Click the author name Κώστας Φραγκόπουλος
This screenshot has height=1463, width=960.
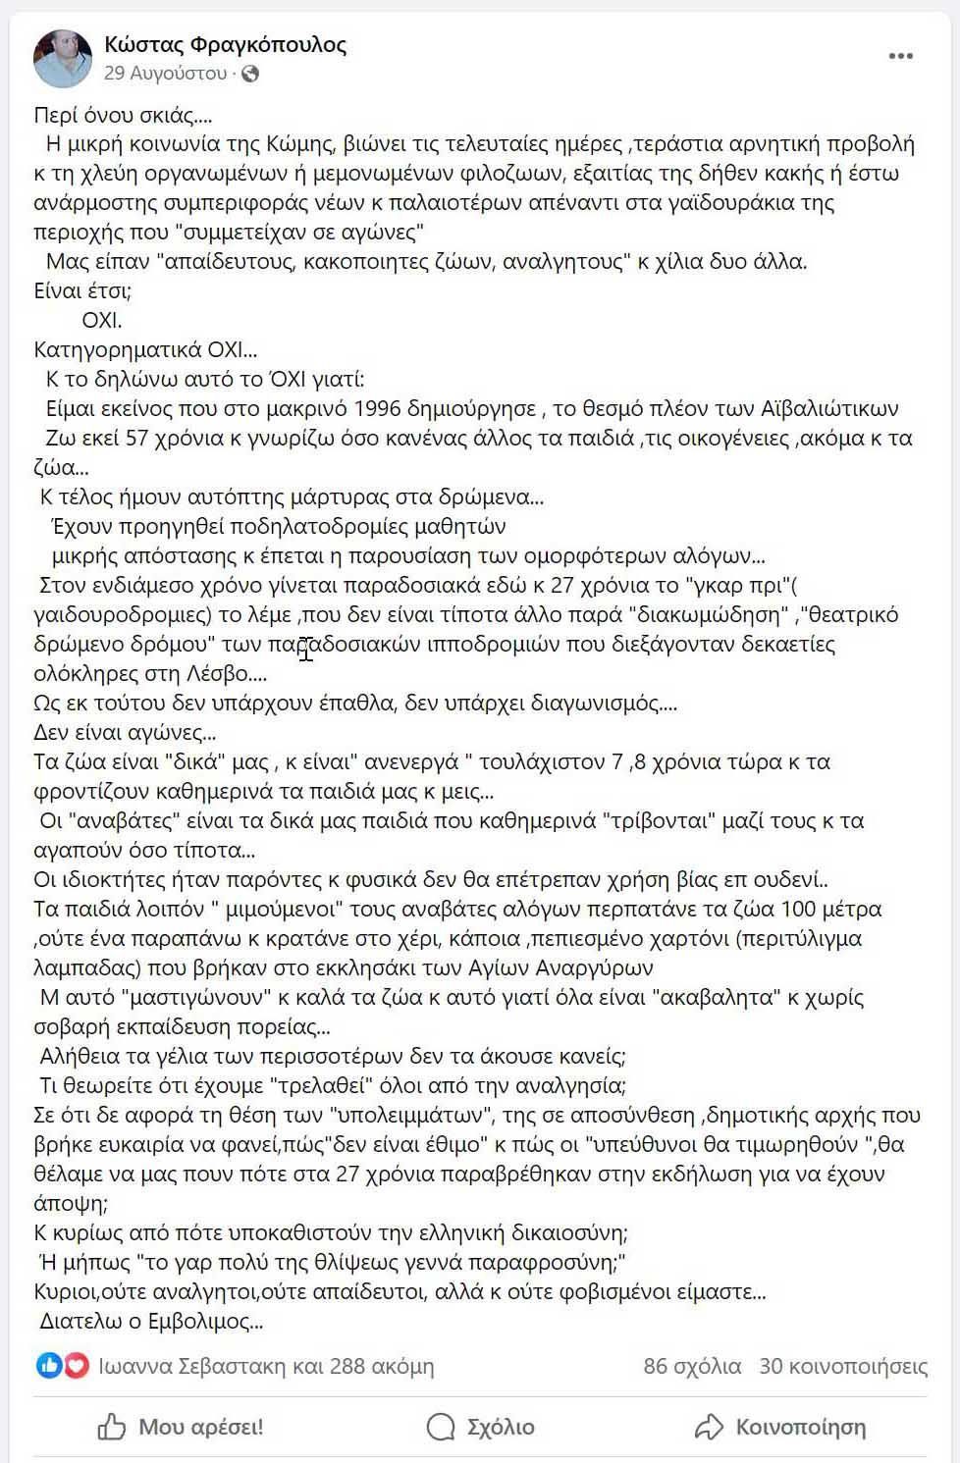[225, 44]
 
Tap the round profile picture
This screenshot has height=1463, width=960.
[63, 58]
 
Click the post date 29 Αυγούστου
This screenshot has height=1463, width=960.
[165, 74]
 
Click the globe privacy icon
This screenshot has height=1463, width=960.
[250, 74]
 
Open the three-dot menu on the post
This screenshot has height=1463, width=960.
[900, 57]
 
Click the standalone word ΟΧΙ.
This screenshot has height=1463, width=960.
[102, 320]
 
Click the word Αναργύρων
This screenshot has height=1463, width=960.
[594, 968]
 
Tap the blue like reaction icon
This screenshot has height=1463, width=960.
[49, 1366]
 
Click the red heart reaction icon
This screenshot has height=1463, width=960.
[77, 1366]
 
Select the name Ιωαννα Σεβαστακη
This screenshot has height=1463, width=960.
[191, 1366]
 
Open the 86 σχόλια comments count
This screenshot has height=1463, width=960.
[692, 1366]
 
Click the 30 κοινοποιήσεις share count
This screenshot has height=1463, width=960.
[843, 1366]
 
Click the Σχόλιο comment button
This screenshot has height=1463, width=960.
[481, 1427]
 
